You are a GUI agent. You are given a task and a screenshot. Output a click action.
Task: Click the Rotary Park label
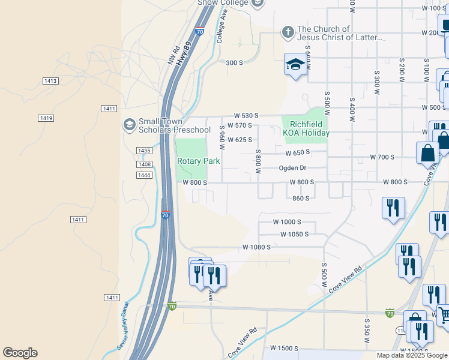tap(198, 161)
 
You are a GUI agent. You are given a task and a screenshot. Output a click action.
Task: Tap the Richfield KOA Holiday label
tap(306, 128)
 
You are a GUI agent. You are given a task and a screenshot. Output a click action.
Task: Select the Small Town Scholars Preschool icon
tap(128, 124)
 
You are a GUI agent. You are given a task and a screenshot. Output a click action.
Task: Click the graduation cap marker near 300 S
tap(295, 65)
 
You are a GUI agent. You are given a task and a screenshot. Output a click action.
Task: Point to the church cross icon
tap(288, 32)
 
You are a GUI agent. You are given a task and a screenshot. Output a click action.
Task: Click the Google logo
tap(20, 353)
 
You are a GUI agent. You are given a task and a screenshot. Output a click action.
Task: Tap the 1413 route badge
tap(50, 81)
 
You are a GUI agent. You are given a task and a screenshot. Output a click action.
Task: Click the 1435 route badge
tap(143, 151)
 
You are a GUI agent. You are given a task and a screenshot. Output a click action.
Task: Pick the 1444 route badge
tap(143, 175)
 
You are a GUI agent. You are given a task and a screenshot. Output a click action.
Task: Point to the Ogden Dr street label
tap(292, 169)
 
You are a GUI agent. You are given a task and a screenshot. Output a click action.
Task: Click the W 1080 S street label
tap(256, 247)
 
